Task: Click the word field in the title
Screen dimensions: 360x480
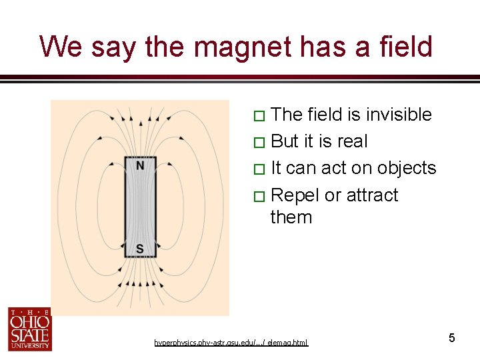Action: (402, 47)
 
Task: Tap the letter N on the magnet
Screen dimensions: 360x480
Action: (140, 165)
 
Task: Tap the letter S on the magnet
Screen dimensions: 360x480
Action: (140, 249)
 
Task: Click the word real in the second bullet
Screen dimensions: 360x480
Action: (353, 141)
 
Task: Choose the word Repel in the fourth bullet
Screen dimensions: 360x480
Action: (295, 195)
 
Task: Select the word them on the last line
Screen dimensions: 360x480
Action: (291, 217)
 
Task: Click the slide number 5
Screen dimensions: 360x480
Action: (451, 338)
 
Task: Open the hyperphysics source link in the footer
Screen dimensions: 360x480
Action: (231, 343)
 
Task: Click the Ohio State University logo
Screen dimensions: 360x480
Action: (29, 329)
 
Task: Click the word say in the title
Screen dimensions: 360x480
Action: (109, 47)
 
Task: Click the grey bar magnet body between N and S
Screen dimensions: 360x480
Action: (140, 207)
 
